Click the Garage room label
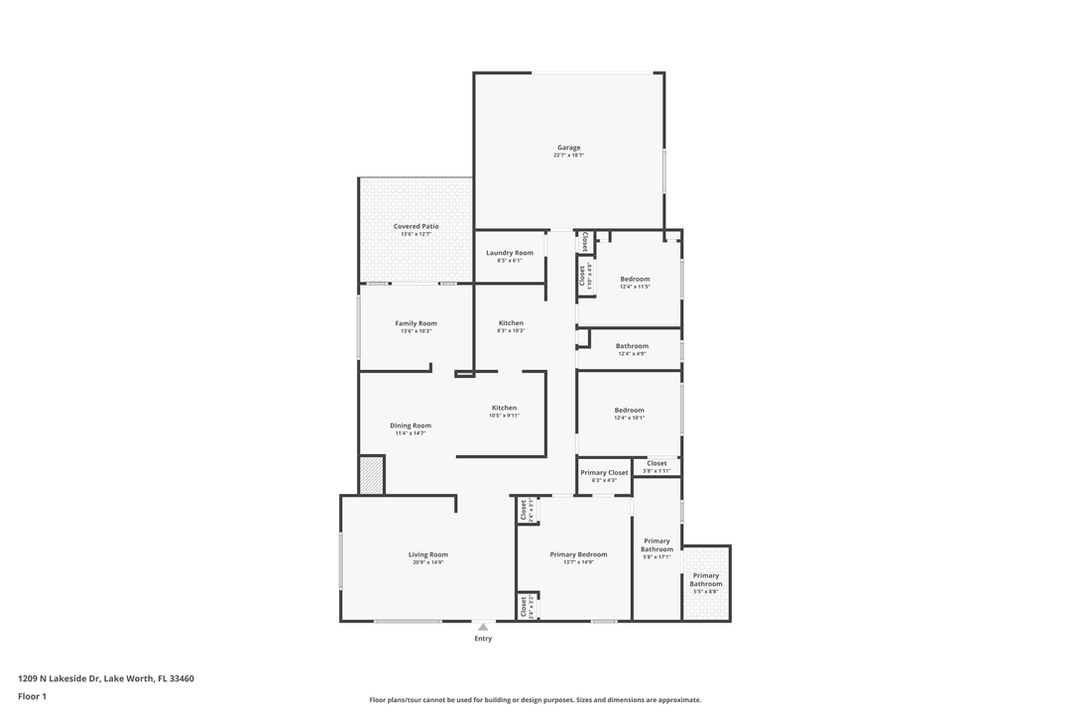568,148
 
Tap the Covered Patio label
416,226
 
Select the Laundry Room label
510,253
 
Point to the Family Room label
416,323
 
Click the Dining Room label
410,425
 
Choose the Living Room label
428,554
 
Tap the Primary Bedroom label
578,554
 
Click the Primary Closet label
605,473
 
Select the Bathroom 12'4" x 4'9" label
632,346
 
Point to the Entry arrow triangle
483,627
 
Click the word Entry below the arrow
483,639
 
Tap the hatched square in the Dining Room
372,474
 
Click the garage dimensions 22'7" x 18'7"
568,156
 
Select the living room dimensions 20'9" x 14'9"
428,562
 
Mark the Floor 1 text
32,696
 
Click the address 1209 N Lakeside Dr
105,678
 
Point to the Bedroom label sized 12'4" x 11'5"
635,279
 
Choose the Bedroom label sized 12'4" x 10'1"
629,410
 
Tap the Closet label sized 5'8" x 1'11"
656,463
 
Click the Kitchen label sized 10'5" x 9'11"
504,408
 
